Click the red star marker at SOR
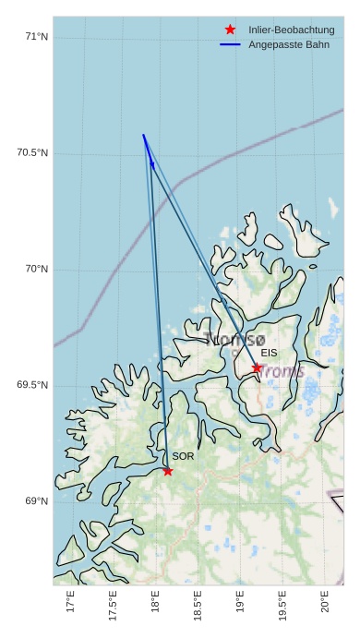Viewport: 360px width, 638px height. click(x=168, y=471)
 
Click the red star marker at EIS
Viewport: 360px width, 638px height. click(x=257, y=367)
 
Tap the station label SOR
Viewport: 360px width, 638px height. click(x=183, y=456)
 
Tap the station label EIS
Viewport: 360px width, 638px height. click(x=269, y=353)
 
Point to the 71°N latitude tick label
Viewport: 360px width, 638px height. click(x=37, y=37)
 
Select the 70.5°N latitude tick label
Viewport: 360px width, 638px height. click(x=32, y=153)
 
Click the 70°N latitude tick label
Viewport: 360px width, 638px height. click(x=37, y=270)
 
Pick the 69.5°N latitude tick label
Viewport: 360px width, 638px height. click(x=32, y=385)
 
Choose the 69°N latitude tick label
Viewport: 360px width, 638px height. click(x=37, y=501)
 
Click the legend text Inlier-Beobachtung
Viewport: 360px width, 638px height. click(x=291, y=30)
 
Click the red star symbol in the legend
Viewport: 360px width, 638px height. click(x=230, y=30)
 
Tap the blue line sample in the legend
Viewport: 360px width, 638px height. click(x=230, y=44)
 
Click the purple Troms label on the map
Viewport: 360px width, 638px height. click(x=282, y=371)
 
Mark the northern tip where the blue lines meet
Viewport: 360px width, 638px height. click(x=143, y=135)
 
